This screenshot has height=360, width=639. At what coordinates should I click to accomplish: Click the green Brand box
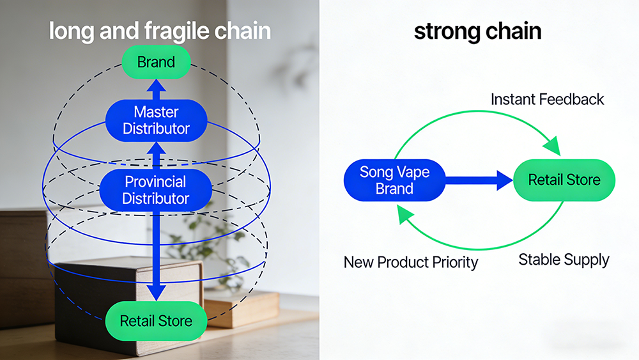click(156, 62)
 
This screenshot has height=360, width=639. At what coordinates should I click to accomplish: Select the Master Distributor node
click(156, 120)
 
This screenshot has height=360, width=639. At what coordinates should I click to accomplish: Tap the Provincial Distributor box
click(156, 190)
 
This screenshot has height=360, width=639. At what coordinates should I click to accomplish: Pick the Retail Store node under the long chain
click(156, 321)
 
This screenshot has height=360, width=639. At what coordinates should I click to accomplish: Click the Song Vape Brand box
click(394, 180)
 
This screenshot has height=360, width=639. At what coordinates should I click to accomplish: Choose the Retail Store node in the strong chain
click(564, 180)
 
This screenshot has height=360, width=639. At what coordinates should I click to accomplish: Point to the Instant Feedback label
click(547, 100)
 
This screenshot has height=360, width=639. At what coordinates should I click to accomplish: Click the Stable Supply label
click(564, 260)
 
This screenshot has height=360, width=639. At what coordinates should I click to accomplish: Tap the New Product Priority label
click(411, 262)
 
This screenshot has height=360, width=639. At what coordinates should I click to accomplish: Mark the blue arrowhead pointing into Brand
click(156, 85)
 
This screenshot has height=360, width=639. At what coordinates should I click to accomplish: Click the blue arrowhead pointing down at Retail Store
click(156, 293)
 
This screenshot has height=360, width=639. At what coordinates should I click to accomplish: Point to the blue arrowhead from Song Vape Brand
click(505, 180)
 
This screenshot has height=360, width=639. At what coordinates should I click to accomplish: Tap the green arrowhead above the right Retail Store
click(553, 146)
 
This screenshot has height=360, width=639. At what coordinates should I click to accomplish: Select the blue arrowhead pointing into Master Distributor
click(156, 148)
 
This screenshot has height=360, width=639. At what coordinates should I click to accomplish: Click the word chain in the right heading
click(514, 31)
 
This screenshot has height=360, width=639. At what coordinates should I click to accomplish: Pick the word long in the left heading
click(72, 31)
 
